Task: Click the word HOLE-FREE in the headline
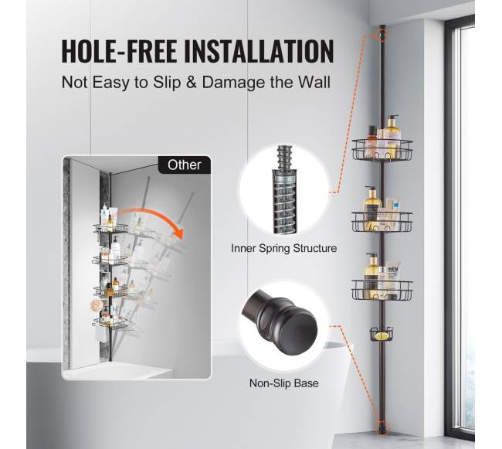coord(120,51)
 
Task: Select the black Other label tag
coord(185,165)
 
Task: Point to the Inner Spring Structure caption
coord(284,248)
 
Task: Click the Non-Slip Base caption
coord(284,383)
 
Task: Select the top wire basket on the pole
coord(382,150)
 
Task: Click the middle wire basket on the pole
coord(382,221)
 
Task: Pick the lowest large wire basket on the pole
coord(382,290)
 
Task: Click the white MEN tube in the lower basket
coord(393,280)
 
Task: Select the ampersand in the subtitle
coord(191,83)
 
